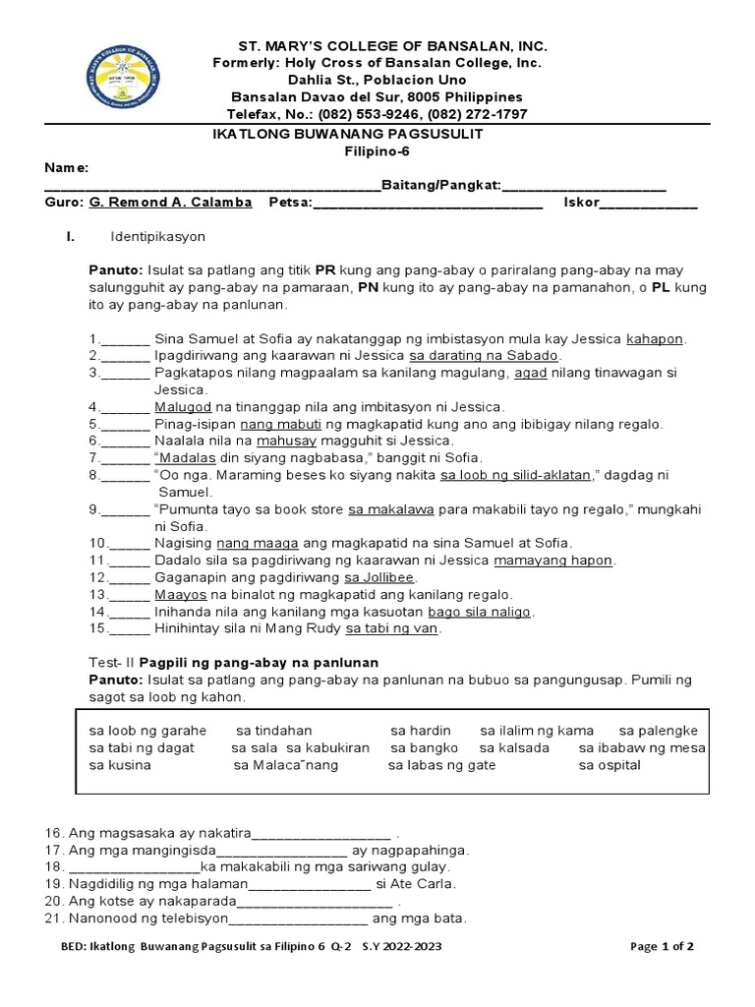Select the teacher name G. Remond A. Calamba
[x=170, y=203]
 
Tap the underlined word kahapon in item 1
[x=654, y=338]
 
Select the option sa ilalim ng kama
[x=537, y=731]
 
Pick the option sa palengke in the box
[x=658, y=731]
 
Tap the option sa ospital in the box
[x=610, y=764]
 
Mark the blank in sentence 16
[x=323, y=833]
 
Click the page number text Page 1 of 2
[x=662, y=947]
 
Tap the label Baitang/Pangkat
[x=441, y=186]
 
